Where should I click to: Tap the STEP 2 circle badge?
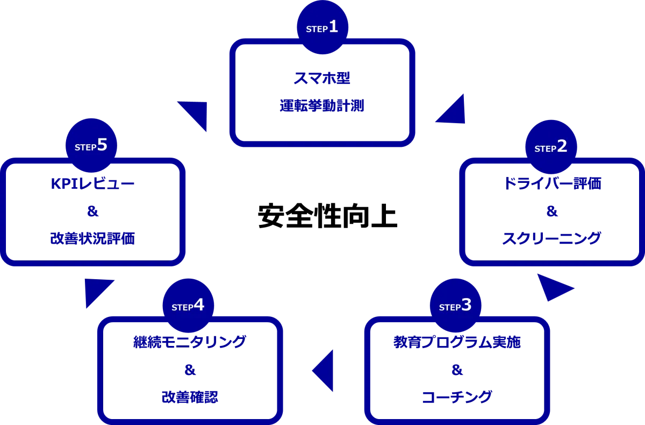(551, 147)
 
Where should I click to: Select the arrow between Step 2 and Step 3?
(553, 288)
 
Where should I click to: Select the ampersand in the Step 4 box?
(189, 370)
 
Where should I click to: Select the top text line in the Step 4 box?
(189, 341)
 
